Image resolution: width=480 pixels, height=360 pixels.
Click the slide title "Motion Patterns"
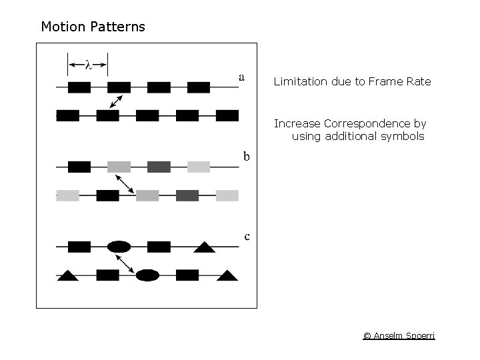pyautogui.click(x=93, y=27)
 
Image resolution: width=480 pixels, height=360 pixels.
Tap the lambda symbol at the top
pyautogui.click(x=88, y=65)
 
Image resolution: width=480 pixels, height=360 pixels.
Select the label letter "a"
pyautogui.click(x=241, y=77)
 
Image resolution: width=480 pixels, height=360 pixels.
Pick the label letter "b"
pyautogui.click(x=246, y=157)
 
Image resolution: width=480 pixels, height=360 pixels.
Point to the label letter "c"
pyautogui.click(x=247, y=236)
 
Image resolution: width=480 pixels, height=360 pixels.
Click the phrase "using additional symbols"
pyautogui.click(x=358, y=137)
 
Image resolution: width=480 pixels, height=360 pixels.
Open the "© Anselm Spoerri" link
pyautogui.click(x=399, y=335)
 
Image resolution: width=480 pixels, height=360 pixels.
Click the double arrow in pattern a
pyautogui.click(x=117, y=101)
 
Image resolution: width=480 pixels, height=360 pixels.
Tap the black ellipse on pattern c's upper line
pyautogui.click(x=119, y=247)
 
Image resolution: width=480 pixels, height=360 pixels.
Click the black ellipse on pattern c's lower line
pyautogui.click(x=147, y=275)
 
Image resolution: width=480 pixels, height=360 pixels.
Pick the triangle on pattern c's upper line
pyautogui.click(x=204, y=248)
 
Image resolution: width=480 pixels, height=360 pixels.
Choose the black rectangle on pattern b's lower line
pyautogui.click(x=108, y=195)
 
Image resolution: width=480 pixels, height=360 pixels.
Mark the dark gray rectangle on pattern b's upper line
pyautogui.click(x=159, y=167)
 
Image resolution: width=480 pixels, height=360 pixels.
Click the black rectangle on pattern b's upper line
pyautogui.click(x=79, y=167)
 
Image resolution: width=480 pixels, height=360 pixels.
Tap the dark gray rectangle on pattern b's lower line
pyautogui.click(x=187, y=195)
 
